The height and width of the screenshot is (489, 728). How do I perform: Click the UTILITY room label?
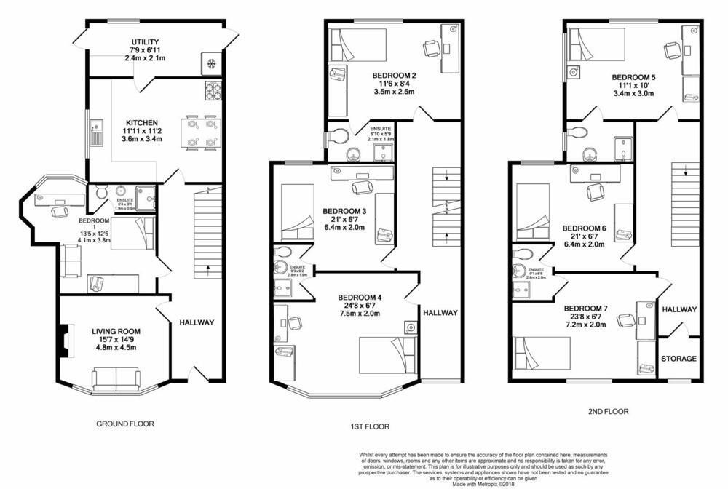pos(146,42)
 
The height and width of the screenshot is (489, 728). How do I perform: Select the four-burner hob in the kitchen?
pos(213,91)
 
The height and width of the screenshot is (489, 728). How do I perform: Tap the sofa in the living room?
pos(116,378)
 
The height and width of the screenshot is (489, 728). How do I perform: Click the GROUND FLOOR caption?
pos(125,424)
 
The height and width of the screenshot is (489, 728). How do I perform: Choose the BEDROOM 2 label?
pos(394,75)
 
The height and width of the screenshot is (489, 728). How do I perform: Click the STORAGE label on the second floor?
pos(678,359)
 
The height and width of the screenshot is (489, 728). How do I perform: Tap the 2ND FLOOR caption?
pos(608,411)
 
